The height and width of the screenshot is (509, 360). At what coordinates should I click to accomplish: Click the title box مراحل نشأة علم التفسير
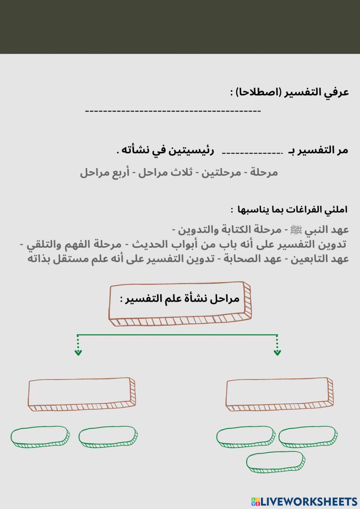179,303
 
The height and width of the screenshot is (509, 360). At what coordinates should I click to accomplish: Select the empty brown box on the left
81,394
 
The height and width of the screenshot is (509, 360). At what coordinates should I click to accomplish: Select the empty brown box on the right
279,394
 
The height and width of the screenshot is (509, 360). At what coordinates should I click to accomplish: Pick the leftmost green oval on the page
40,437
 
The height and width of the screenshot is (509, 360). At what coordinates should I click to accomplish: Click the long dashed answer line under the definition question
173,111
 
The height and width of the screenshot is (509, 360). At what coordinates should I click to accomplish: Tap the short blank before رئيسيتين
252,153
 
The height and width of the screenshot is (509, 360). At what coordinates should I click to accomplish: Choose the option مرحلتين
221,172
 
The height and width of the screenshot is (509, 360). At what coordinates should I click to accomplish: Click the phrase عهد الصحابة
252,259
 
